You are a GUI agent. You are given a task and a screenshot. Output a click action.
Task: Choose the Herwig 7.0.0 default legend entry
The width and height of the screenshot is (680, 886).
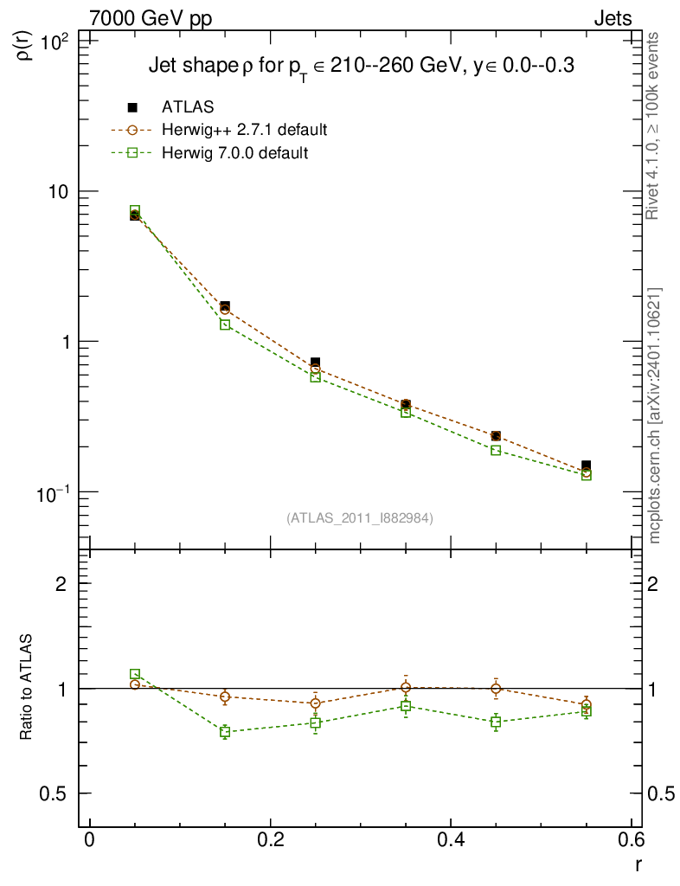tap(234, 153)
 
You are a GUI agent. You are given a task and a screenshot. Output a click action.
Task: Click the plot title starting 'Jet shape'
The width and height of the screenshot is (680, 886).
tap(362, 66)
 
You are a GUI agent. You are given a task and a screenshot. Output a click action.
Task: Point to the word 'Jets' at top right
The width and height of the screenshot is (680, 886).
tap(612, 18)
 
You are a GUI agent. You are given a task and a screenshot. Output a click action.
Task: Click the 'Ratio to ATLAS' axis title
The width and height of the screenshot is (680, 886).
tap(27, 688)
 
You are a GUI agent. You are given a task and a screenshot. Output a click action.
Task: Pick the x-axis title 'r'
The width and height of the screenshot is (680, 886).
tap(638, 864)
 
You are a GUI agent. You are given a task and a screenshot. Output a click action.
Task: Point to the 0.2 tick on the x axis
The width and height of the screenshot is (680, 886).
tap(270, 841)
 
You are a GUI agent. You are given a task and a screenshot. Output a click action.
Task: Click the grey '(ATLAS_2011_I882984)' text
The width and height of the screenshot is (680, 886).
tap(360, 517)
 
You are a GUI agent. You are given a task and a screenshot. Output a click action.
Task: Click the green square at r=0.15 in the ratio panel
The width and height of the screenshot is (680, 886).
tap(225, 732)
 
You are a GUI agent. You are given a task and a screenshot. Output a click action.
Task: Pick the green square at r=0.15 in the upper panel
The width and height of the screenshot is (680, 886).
tap(225, 324)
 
